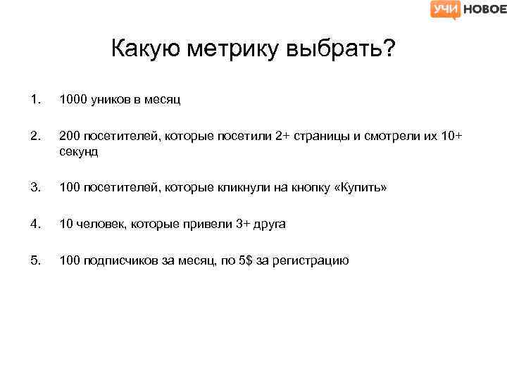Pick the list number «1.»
pyautogui.click(x=35, y=100)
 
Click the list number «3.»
pyautogui.click(x=35, y=188)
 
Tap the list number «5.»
pyautogui.click(x=35, y=261)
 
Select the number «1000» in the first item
pyautogui.click(x=73, y=100)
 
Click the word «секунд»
pyautogui.click(x=79, y=151)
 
